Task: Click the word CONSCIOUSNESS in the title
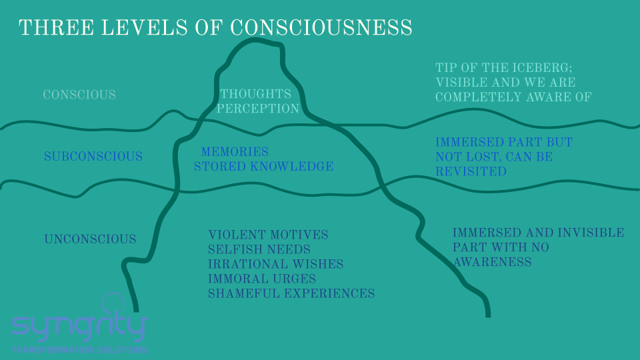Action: tap(321, 28)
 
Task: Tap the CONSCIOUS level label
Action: tap(79, 95)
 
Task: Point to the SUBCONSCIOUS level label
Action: tap(93, 156)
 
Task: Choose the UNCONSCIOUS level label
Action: tap(90, 239)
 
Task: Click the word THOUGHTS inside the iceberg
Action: tap(256, 94)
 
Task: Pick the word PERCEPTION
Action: tap(258, 109)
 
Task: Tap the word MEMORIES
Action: tap(235, 152)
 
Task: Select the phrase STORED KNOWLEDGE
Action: tap(264, 167)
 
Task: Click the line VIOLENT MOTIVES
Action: tap(268, 235)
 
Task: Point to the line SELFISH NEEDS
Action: tap(259, 249)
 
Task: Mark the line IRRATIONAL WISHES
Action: tap(276, 264)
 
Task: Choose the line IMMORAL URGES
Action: tap(262, 279)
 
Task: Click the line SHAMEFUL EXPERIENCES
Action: tap(291, 293)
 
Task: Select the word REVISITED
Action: tap(471, 171)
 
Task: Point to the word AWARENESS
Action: tap(492, 262)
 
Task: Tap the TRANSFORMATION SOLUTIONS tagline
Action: tap(79, 350)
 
